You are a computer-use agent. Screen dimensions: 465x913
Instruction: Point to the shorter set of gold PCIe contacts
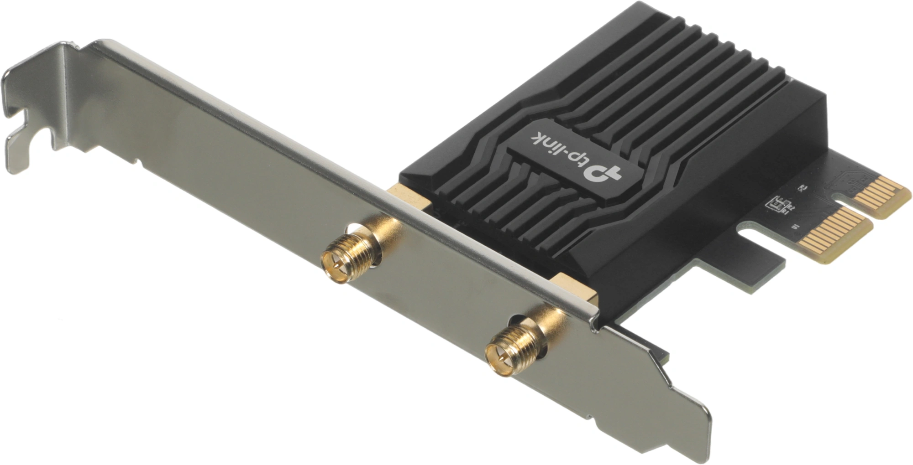pyautogui.click(x=882, y=196)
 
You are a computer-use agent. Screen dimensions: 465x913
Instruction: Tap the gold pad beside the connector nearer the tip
pyautogui.click(x=576, y=288)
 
